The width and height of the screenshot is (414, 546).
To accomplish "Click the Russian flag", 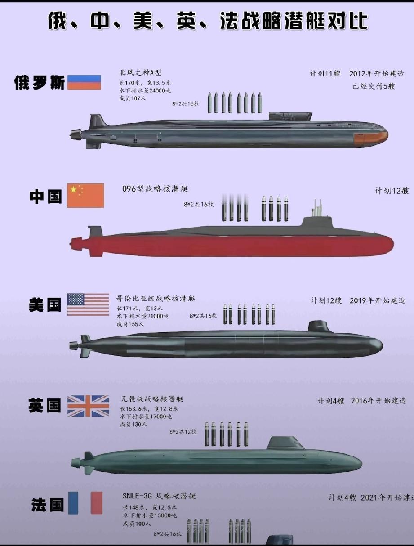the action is (84, 82).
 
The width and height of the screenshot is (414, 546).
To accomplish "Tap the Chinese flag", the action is (85, 195).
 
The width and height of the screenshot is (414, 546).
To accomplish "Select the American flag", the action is (88, 304).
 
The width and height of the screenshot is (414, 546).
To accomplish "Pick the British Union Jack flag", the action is (88, 406).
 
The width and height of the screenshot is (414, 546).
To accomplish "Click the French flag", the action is (85, 503).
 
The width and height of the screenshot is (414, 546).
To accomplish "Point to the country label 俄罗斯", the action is (40, 83).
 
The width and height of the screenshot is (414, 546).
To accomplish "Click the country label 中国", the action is (45, 197).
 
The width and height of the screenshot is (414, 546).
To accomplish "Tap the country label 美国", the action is (45, 305).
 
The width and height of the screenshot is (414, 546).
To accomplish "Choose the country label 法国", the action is (47, 505).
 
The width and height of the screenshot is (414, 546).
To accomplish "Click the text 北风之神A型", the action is (140, 73).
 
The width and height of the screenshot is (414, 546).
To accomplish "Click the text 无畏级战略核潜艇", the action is (152, 399).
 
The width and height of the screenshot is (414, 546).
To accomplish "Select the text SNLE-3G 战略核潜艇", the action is (159, 496).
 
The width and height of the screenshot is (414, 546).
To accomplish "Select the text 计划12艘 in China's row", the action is (392, 190).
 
